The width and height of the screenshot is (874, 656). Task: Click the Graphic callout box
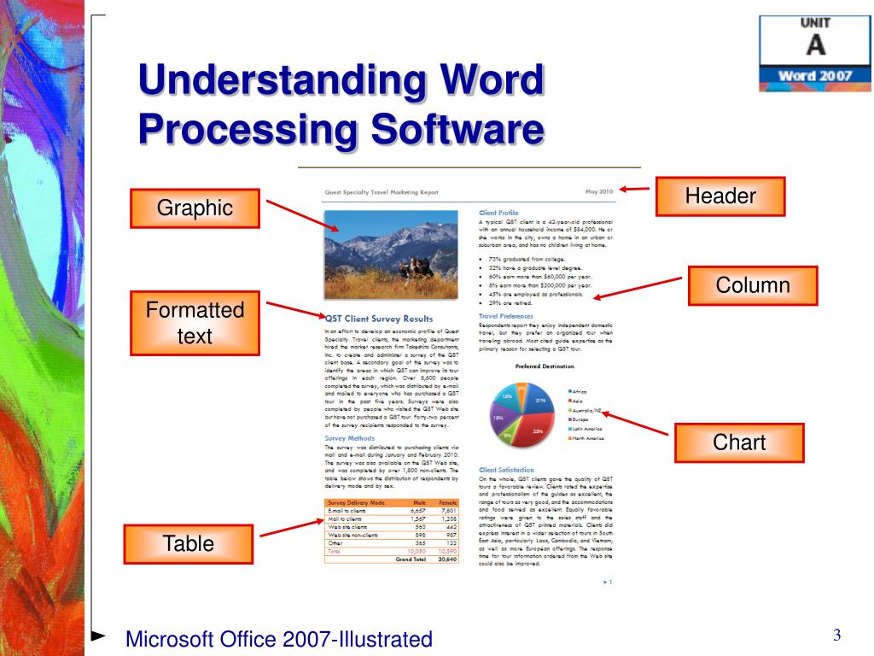pyautogui.click(x=195, y=208)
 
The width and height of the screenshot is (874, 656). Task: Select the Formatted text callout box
pyautogui.click(x=195, y=323)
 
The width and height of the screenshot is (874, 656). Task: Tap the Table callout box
pyautogui.click(x=189, y=544)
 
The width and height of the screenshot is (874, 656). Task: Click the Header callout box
pyautogui.click(x=720, y=196)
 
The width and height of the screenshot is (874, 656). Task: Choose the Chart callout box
pyautogui.click(x=739, y=443)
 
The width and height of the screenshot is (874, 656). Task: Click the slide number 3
pyautogui.click(x=837, y=635)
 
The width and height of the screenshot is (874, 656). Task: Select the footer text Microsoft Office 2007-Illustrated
pyautogui.click(x=279, y=639)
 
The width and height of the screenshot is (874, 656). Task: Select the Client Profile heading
pyautogui.click(x=498, y=212)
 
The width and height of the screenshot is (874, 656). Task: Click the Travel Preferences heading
pyautogui.click(x=506, y=316)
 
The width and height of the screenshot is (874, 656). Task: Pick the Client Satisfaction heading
pyautogui.click(x=506, y=470)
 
